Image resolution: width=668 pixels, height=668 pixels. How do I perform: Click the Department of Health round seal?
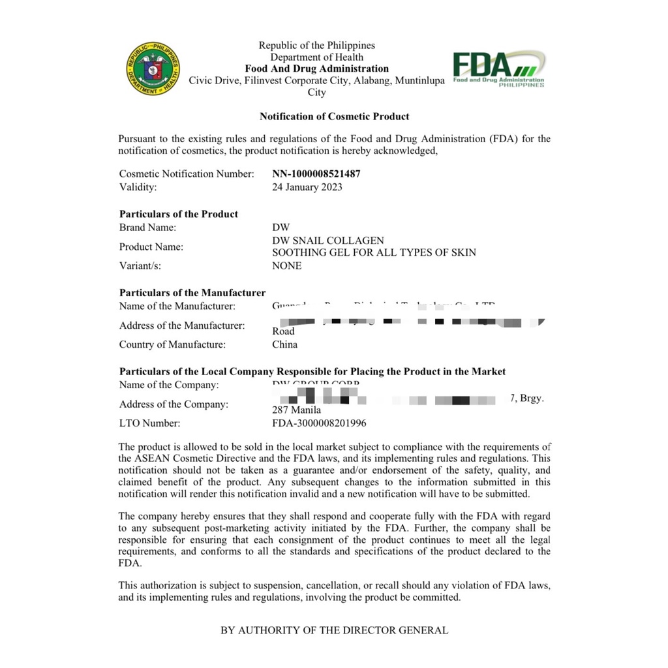(153, 68)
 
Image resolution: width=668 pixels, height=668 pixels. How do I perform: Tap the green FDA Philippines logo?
(499, 68)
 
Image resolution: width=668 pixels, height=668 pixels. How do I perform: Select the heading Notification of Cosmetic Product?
(334, 117)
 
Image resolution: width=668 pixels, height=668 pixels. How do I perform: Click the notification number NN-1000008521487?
(316, 174)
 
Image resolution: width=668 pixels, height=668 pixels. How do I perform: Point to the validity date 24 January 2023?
(307, 187)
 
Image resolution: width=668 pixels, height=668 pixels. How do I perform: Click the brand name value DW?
(281, 228)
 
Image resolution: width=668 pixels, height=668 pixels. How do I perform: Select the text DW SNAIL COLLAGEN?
(327, 241)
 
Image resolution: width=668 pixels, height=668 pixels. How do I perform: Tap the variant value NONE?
(286, 266)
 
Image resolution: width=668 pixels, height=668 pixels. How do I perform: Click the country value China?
(284, 344)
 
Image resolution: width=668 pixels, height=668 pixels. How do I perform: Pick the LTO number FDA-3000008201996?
(319, 423)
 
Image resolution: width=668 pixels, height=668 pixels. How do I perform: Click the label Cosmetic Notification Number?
(186, 174)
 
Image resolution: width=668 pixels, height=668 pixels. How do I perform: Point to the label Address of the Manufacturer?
(182, 326)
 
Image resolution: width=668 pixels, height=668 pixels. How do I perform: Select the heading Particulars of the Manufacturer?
(192, 293)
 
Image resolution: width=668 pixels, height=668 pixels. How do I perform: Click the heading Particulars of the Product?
(178, 214)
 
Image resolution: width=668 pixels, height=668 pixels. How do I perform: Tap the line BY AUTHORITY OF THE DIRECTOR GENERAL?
(334, 631)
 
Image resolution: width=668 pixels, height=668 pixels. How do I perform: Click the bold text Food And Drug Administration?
(316, 68)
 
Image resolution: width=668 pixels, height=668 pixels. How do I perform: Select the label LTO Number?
(149, 423)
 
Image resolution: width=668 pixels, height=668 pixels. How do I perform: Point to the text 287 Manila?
(296, 410)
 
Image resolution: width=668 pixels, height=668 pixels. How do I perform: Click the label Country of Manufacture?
(172, 344)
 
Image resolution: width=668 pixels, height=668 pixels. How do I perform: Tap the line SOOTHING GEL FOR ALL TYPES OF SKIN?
(374, 252)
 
